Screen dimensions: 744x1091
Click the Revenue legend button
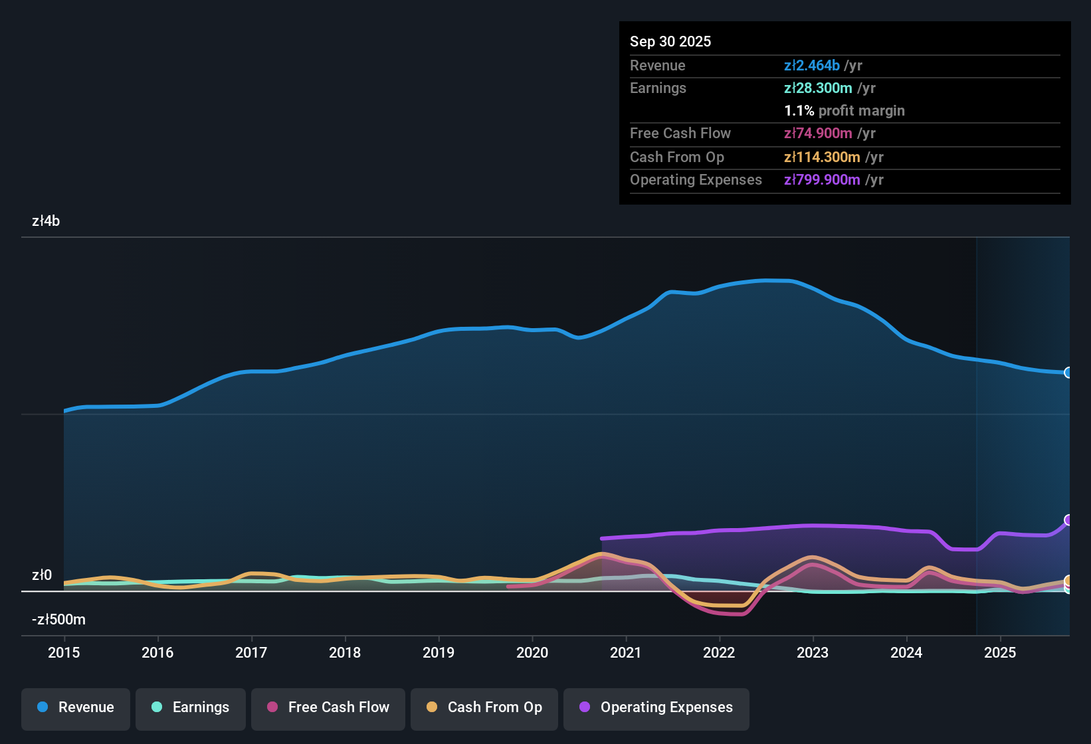(x=76, y=707)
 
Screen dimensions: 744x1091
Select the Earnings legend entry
(x=191, y=707)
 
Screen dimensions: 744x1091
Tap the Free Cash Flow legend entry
(x=328, y=707)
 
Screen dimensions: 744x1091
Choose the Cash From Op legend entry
(x=484, y=707)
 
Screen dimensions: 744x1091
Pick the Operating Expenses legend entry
(x=656, y=707)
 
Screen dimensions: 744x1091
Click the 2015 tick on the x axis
(x=64, y=652)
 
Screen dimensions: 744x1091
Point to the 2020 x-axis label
(x=532, y=652)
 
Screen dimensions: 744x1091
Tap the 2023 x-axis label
(x=813, y=652)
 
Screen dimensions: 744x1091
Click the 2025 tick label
(x=1000, y=652)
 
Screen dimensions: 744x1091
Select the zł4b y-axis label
(x=46, y=221)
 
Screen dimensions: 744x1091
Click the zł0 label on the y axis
(x=42, y=575)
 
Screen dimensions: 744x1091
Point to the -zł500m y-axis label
(x=58, y=620)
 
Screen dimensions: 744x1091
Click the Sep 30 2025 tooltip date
(x=670, y=41)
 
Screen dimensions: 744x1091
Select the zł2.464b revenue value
(x=811, y=65)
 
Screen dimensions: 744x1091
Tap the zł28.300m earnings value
(x=817, y=88)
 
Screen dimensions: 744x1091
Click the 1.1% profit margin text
(x=844, y=110)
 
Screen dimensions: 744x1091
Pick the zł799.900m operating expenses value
(x=822, y=179)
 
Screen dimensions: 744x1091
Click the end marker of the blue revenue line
(x=1068, y=373)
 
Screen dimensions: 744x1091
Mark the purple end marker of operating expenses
(x=1068, y=520)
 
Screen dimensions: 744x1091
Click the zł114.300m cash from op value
(x=822, y=157)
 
